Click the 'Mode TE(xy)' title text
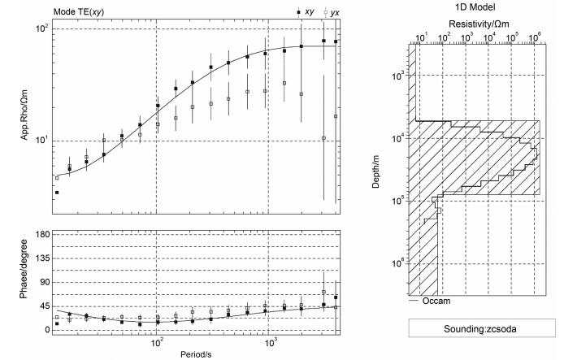pos(79,12)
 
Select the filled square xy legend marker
pos(298,12)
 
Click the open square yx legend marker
pos(326,12)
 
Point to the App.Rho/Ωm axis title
pos(24,115)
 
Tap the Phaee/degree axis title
pos(24,269)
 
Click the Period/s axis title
pos(196,354)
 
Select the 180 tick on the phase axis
pos(43,235)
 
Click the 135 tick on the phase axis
pos(43,258)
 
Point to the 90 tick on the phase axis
pos(45,282)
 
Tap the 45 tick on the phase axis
pos(45,306)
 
